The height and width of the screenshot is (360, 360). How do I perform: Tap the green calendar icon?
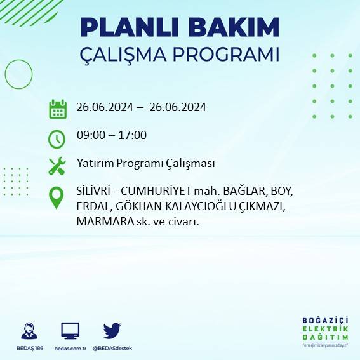click(58, 109)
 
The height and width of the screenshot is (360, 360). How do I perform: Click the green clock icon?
click(57, 138)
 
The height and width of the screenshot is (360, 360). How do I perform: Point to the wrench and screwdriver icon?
click(57, 166)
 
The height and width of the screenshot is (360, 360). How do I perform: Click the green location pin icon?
click(57, 197)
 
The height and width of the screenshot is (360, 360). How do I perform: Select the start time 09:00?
click(90, 135)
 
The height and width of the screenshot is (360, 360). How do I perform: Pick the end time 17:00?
click(133, 135)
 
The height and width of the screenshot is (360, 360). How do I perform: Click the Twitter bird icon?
click(112, 330)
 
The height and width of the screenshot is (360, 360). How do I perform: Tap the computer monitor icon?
click(70, 331)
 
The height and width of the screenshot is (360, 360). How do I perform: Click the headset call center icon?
click(29, 331)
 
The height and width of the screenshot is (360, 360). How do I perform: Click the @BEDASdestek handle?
click(112, 349)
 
